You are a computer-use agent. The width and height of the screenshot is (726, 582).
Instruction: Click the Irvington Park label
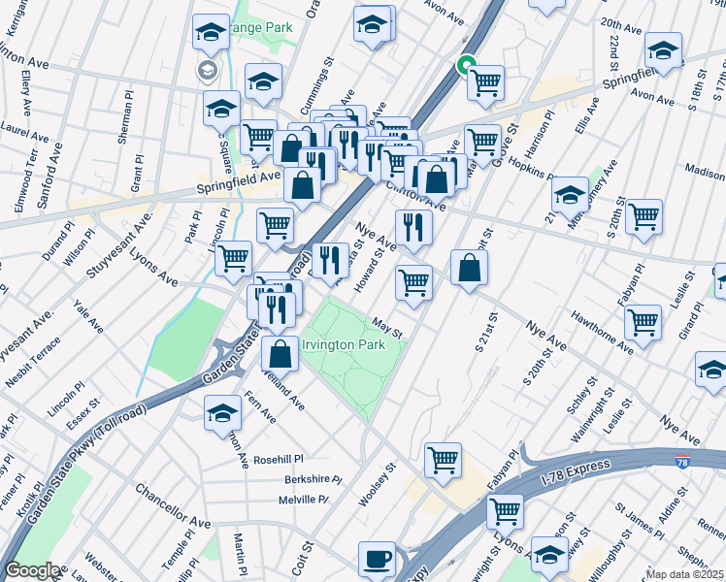343,344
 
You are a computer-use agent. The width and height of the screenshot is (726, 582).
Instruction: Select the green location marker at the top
466,65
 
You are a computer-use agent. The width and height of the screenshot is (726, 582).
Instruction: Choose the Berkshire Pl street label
313,479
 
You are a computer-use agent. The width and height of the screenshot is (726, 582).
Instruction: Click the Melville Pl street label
302,500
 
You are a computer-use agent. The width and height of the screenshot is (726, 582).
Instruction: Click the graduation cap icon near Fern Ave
222,411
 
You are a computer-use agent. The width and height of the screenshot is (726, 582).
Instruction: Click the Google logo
32,571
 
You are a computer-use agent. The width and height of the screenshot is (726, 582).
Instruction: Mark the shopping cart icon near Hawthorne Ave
643,320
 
